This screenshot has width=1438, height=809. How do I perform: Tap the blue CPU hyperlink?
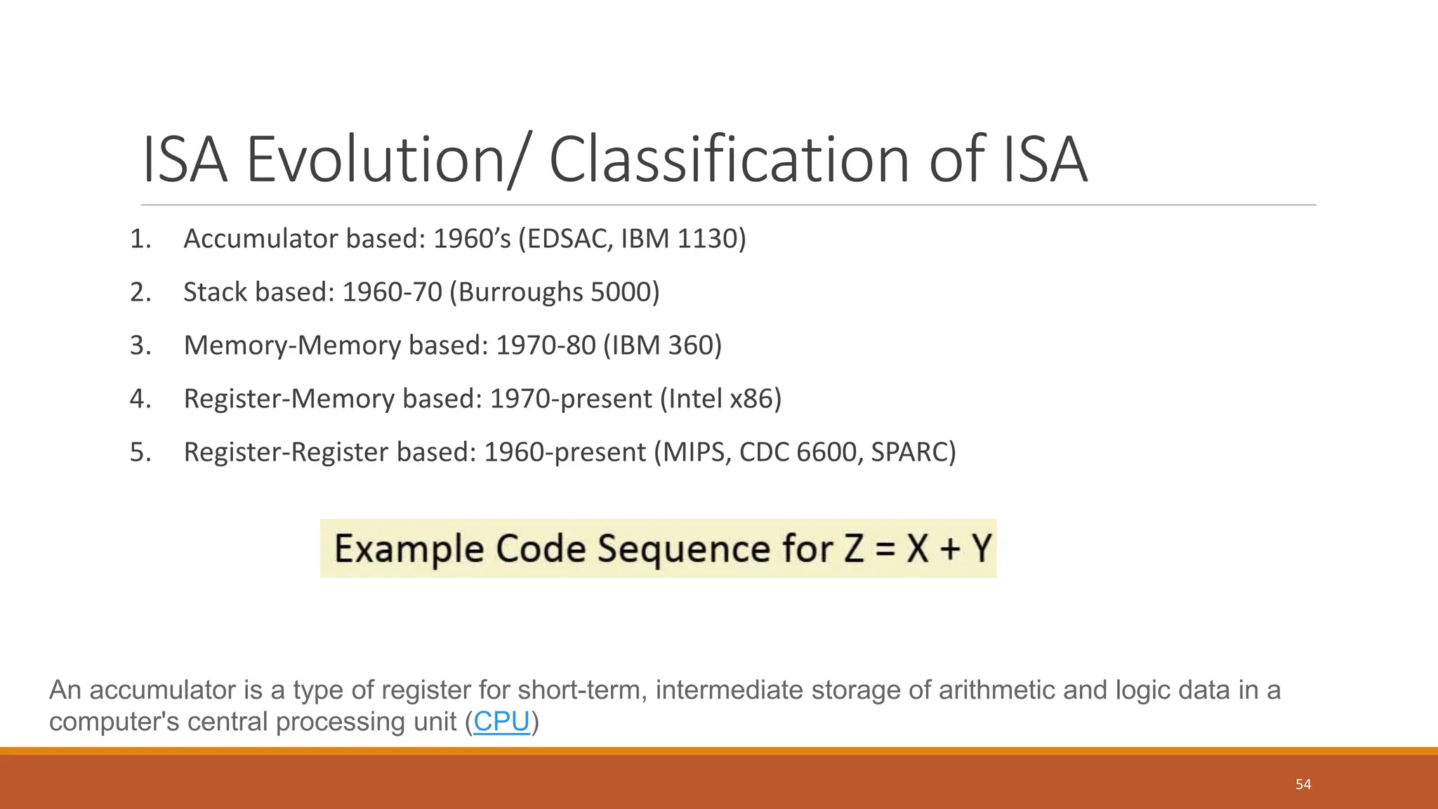(x=501, y=722)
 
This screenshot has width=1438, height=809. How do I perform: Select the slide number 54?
(x=1303, y=784)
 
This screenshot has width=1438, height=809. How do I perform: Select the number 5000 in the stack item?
(x=621, y=292)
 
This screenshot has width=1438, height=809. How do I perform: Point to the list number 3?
(x=139, y=346)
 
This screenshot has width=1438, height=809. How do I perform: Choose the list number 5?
(x=139, y=452)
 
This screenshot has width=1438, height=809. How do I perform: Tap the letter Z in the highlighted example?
(x=854, y=548)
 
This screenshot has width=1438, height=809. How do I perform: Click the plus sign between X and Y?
(x=950, y=548)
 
